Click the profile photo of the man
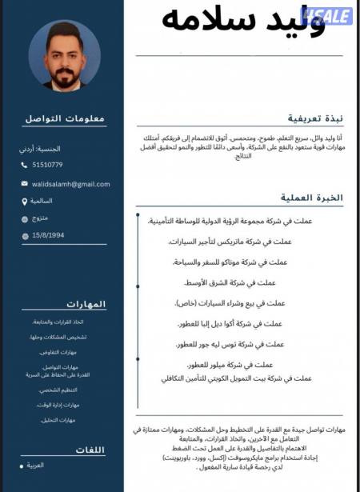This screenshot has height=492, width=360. (x=63, y=55)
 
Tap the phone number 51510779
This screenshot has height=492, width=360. (x=47, y=165)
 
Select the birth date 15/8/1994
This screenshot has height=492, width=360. (x=49, y=235)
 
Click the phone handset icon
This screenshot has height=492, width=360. (x=25, y=165)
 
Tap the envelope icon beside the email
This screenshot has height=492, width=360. (x=25, y=184)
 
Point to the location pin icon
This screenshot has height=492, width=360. (x=25, y=201)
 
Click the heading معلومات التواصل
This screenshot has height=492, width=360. (x=65, y=118)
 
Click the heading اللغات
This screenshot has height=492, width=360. (x=90, y=450)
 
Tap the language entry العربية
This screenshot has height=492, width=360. (x=35, y=465)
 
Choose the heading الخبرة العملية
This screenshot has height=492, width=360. (x=313, y=197)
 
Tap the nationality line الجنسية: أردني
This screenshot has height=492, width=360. (x=40, y=149)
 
